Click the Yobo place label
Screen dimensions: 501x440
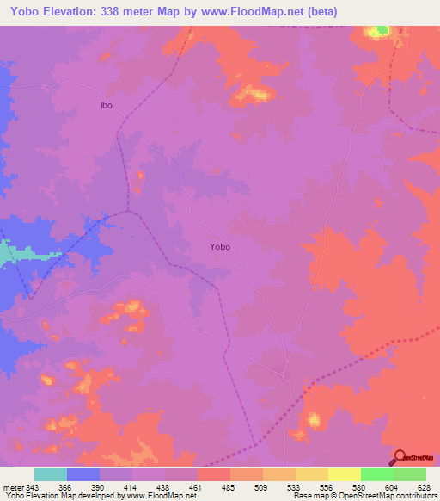[220, 246]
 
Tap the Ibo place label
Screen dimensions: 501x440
[107, 106]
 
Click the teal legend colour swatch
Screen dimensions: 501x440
[51, 474]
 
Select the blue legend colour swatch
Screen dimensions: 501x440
[83, 474]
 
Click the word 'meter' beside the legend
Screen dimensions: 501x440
[13, 488]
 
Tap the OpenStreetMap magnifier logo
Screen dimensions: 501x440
[400, 457]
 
